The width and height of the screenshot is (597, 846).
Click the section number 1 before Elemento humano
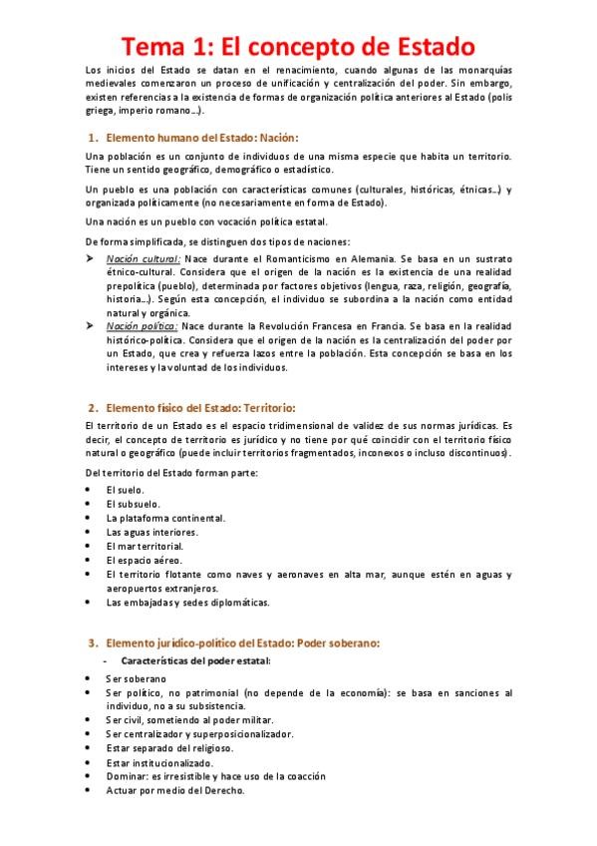click(92, 136)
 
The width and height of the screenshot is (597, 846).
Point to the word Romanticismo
click(298, 257)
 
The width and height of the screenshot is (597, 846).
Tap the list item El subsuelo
click(127, 504)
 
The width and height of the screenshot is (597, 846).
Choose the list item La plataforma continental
click(165, 518)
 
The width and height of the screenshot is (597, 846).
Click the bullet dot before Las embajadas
click(90, 602)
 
